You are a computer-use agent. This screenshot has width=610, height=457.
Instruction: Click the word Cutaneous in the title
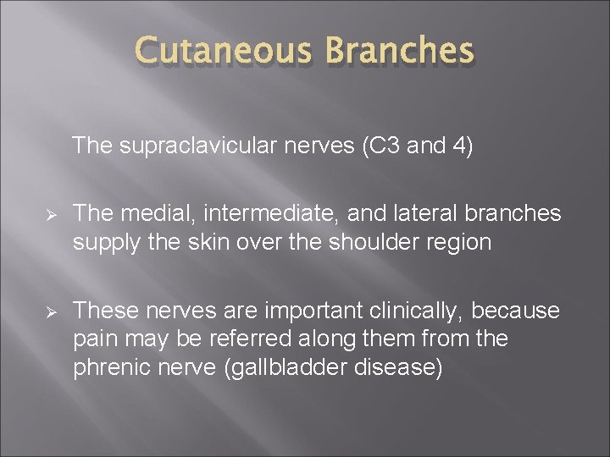pos(223,52)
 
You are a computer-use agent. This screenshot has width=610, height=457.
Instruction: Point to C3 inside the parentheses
pos(379,146)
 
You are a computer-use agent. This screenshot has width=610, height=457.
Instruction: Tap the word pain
pos(93,339)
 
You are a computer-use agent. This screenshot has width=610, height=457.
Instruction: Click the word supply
pos(101,243)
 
